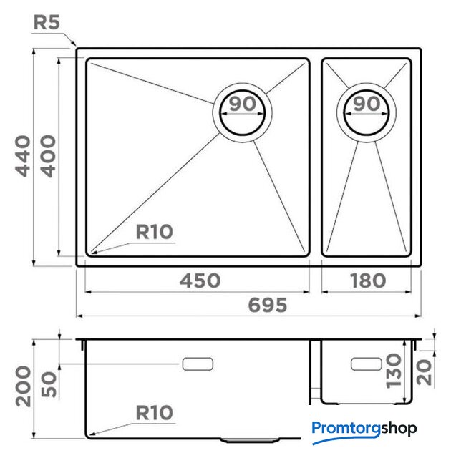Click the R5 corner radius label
(x=47, y=22)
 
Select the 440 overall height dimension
(x=23, y=156)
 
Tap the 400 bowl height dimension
(x=48, y=156)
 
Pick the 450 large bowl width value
(x=200, y=281)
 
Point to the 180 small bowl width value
(x=368, y=281)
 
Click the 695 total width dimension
(x=268, y=306)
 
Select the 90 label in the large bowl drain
(x=243, y=104)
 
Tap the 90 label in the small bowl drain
(x=367, y=104)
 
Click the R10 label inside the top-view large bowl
(x=155, y=232)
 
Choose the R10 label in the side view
(x=155, y=413)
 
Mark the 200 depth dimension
(x=24, y=386)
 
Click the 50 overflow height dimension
(x=49, y=384)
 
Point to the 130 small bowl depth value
(x=394, y=371)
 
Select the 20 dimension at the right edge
(x=424, y=372)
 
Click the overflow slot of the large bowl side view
(x=198, y=364)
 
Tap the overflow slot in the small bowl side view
(x=367, y=364)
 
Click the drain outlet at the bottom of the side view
(x=250, y=439)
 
